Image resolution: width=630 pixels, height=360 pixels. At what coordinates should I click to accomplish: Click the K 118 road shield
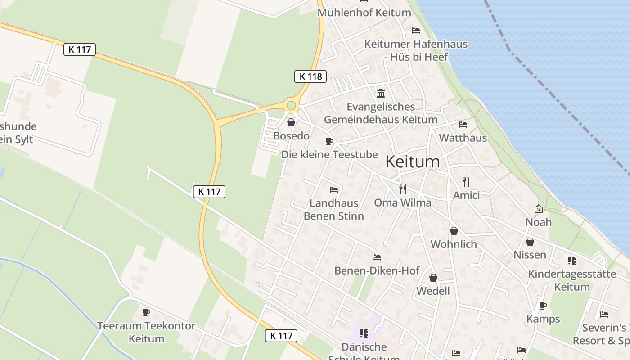310,76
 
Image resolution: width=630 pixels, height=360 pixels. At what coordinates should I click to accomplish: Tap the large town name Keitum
413,162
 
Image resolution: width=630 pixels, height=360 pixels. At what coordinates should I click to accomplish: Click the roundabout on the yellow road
291,106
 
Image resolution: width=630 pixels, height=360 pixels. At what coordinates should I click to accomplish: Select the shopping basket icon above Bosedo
291,122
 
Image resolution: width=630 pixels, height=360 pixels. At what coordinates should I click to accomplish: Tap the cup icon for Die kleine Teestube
329,141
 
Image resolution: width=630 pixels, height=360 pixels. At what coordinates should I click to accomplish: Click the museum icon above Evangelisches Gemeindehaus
381,93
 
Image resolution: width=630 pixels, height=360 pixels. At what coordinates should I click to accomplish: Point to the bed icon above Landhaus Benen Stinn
333,190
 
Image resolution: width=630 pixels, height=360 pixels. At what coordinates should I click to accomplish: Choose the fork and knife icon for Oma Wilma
402,189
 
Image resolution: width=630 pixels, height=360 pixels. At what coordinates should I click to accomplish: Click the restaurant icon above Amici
466,182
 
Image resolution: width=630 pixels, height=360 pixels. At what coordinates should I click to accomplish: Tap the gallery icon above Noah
538,209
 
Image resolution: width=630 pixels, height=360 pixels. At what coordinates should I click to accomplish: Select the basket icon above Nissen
530,242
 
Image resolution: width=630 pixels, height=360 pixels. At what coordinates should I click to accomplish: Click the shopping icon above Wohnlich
454,231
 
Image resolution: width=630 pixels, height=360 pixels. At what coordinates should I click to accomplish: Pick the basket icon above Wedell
433,278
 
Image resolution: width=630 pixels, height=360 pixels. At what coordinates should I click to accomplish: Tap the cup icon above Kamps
543,306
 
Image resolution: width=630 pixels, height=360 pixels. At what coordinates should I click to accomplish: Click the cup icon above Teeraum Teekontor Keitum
146,312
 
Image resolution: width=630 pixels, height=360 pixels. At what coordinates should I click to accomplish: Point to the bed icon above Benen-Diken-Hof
377,257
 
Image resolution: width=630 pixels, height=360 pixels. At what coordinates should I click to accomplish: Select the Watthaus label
463,138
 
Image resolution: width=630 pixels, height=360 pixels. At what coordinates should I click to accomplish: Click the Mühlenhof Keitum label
364,13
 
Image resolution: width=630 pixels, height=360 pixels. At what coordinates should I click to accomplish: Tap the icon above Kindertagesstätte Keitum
571,260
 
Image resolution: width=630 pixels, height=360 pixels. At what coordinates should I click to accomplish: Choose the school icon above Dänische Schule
364,333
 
